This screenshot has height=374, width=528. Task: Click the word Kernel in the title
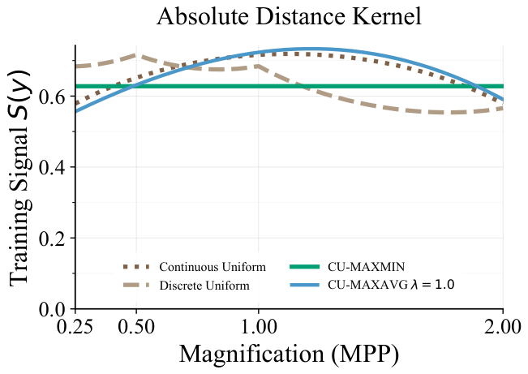click(x=387, y=16)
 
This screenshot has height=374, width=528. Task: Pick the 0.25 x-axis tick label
click(x=75, y=327)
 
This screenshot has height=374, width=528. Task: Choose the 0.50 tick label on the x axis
click(x=136, y=327)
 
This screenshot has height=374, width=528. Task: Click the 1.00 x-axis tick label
click(x=259, y=327)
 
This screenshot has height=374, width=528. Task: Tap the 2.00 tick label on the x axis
click(x=502, y=327)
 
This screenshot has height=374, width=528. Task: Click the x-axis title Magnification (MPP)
click(x=289, y=355)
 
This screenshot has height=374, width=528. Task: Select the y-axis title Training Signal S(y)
click(x=19, y=178)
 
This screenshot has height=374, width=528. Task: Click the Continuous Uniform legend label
click(x=212, y=267)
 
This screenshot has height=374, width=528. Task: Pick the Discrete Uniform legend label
click(x=204, y=286)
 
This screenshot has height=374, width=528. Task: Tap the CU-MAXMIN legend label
click(x=367, y=267)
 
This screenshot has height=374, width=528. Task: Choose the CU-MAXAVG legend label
click(x=391, y=285)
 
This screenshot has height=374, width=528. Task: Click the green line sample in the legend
click(x=304, y=267)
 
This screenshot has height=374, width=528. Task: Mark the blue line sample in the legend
click(x=304, y=286)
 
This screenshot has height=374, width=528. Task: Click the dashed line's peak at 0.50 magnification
click(x=135, y=55)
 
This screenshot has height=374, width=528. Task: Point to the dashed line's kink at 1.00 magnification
click(x=259, y=66)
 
